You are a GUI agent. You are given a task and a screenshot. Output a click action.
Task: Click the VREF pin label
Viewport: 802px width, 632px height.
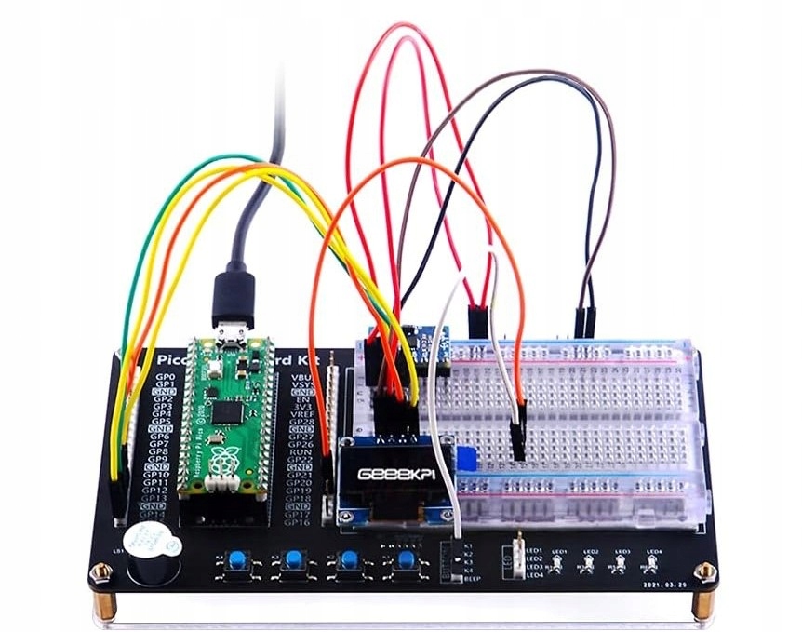click(302, 415)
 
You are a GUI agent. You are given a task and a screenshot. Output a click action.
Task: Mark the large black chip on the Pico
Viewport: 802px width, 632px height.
click(225, 412)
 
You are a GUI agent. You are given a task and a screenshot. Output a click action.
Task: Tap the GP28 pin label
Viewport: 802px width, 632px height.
click(301, 425)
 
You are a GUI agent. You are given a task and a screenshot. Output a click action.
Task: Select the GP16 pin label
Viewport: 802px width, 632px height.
click(296, 522)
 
